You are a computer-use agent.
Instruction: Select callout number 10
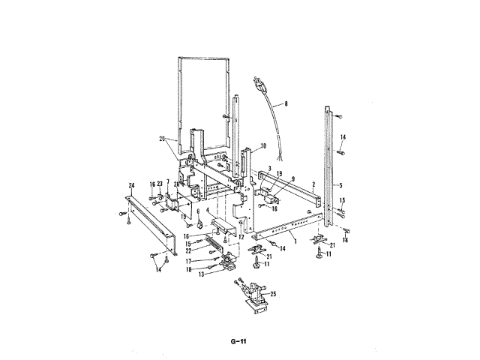tap(263, 145)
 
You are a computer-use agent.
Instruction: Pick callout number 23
tap(160, 183)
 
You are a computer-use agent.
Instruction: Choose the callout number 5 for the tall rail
tap(340, 184)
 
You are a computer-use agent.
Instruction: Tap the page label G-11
tap(239, 342)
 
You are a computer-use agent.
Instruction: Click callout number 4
tap(208, 211)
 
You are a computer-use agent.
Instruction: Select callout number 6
tap(199, 211)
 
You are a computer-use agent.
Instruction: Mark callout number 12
tap(241, 237)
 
